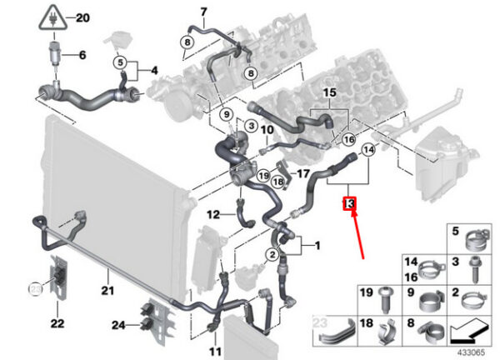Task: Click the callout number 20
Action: [82, 17]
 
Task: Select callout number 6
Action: [82, 56]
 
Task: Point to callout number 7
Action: [202, 12]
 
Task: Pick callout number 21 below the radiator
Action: [106, 291]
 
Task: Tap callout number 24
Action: [118, 324]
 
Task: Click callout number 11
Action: [215, 352]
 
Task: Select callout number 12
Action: [213, 215]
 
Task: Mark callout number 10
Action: [267, 131]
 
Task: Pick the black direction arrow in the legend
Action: [469, 335]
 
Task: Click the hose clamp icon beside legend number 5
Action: [476, 241]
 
